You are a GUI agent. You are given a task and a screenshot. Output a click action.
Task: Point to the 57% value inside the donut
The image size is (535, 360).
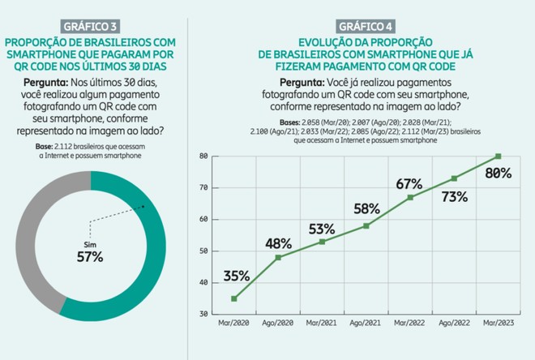pyautogui.click(x=91, y=257)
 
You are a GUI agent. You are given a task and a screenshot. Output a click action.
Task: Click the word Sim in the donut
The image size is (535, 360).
pyautogui.click(x=91, y=242)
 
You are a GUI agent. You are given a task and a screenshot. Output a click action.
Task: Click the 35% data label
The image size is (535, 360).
pyautogui.click(x=237, y=275)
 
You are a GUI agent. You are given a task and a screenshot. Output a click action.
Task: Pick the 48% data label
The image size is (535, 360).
pyautogui.click(x=280, y=242)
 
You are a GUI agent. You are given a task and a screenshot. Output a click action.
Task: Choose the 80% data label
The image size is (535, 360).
pyautogui.click(x=498, y=173)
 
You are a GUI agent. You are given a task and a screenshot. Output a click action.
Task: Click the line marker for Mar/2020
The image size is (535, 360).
pyautogui.click(x=234, y=298)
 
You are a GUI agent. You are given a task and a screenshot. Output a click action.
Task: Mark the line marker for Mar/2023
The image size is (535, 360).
pyautogui.click(x=498, y=156)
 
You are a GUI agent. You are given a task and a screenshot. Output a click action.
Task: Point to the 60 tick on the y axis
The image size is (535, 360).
pyautogui.click(x=203, y=219)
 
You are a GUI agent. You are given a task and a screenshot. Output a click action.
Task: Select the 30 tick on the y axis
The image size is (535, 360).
pyautogui.click(x=203, y=314)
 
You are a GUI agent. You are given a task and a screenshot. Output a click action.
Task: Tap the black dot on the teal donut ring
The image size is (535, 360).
pyautogui.click(x=143, y=207)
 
